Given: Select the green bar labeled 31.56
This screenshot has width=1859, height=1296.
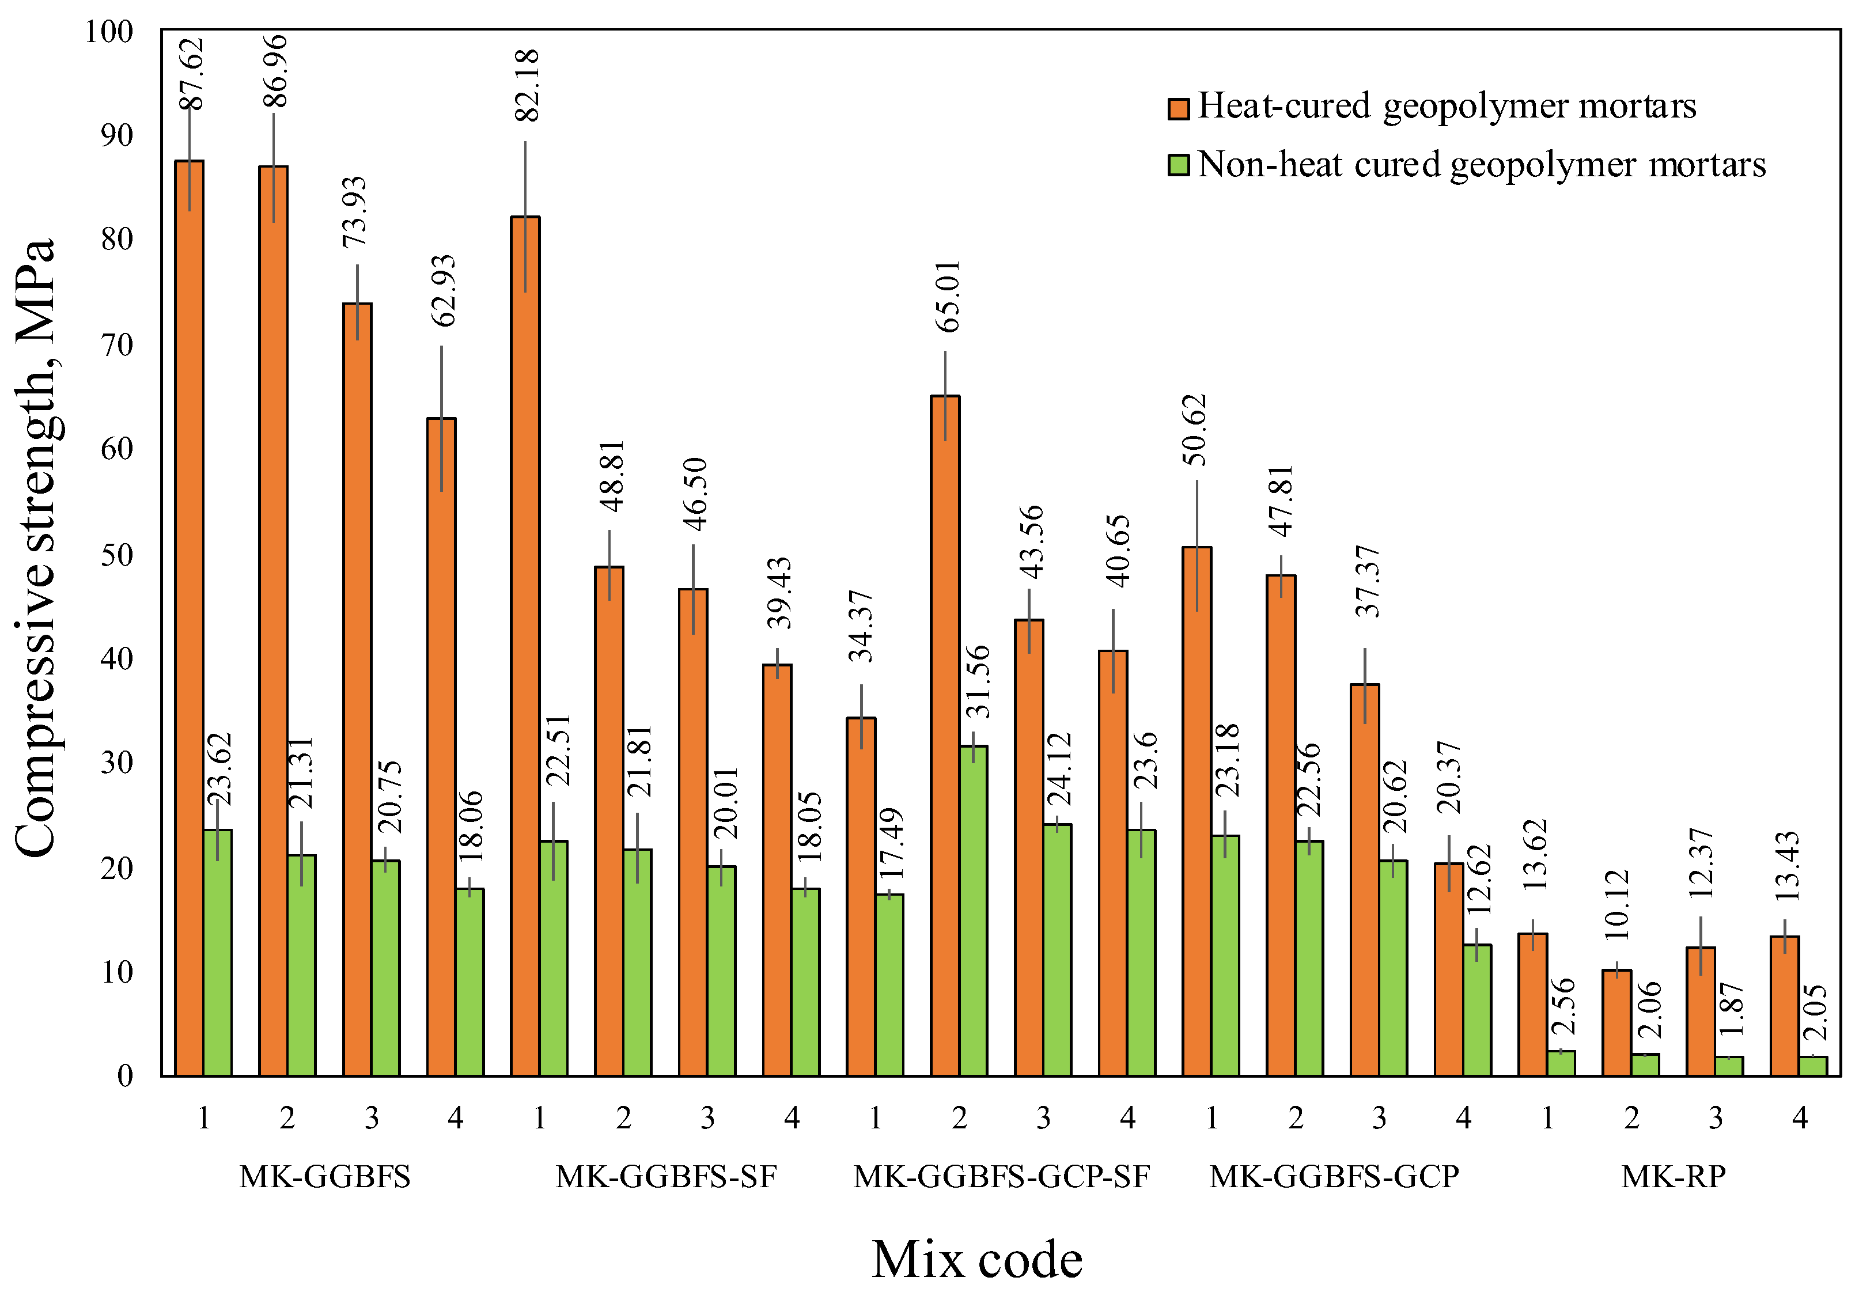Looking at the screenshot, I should click(x=972, y=911).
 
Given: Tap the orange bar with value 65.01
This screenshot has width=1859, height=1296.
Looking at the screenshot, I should click(x=944, y=737).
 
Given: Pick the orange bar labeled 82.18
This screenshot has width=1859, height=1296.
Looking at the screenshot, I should click(x=525, y=647).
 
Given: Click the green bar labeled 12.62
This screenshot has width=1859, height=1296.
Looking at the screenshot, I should click(x=1477, y=1010).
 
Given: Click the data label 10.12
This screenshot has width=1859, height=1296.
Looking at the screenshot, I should click(x=1615, y=904).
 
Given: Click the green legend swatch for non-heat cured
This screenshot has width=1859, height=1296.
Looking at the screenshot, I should click(x=1178, y=165).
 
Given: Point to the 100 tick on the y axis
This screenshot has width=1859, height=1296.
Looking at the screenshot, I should click(x=108, y=32).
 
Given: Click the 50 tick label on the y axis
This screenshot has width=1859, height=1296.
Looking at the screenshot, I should click(x=116, y=555).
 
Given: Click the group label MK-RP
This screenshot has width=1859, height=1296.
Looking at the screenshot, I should click(x=1673, y=1176).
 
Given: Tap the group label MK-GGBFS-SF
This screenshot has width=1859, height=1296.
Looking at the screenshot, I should click(x=665, y=1176).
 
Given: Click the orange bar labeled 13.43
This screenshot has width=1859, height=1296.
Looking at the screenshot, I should click(x=1785, y=1006).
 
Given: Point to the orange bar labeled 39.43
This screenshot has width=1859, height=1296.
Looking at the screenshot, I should click(x=777, y=870).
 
